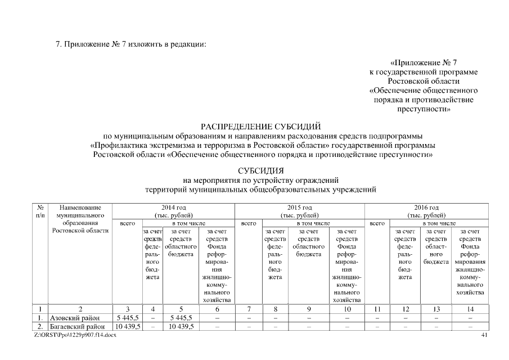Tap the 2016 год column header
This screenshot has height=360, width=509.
pos(426,211)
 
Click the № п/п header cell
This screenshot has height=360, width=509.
pos(40,211)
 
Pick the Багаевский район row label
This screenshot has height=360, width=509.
pos(78,327)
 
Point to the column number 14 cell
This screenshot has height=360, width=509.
pos(470,309)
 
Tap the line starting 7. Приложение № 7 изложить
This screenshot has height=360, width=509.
pos(131,44)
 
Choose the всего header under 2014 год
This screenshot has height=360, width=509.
pos(127,223)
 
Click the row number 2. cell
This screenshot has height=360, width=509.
pos(40,327)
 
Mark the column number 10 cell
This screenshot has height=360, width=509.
pos(347,309)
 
